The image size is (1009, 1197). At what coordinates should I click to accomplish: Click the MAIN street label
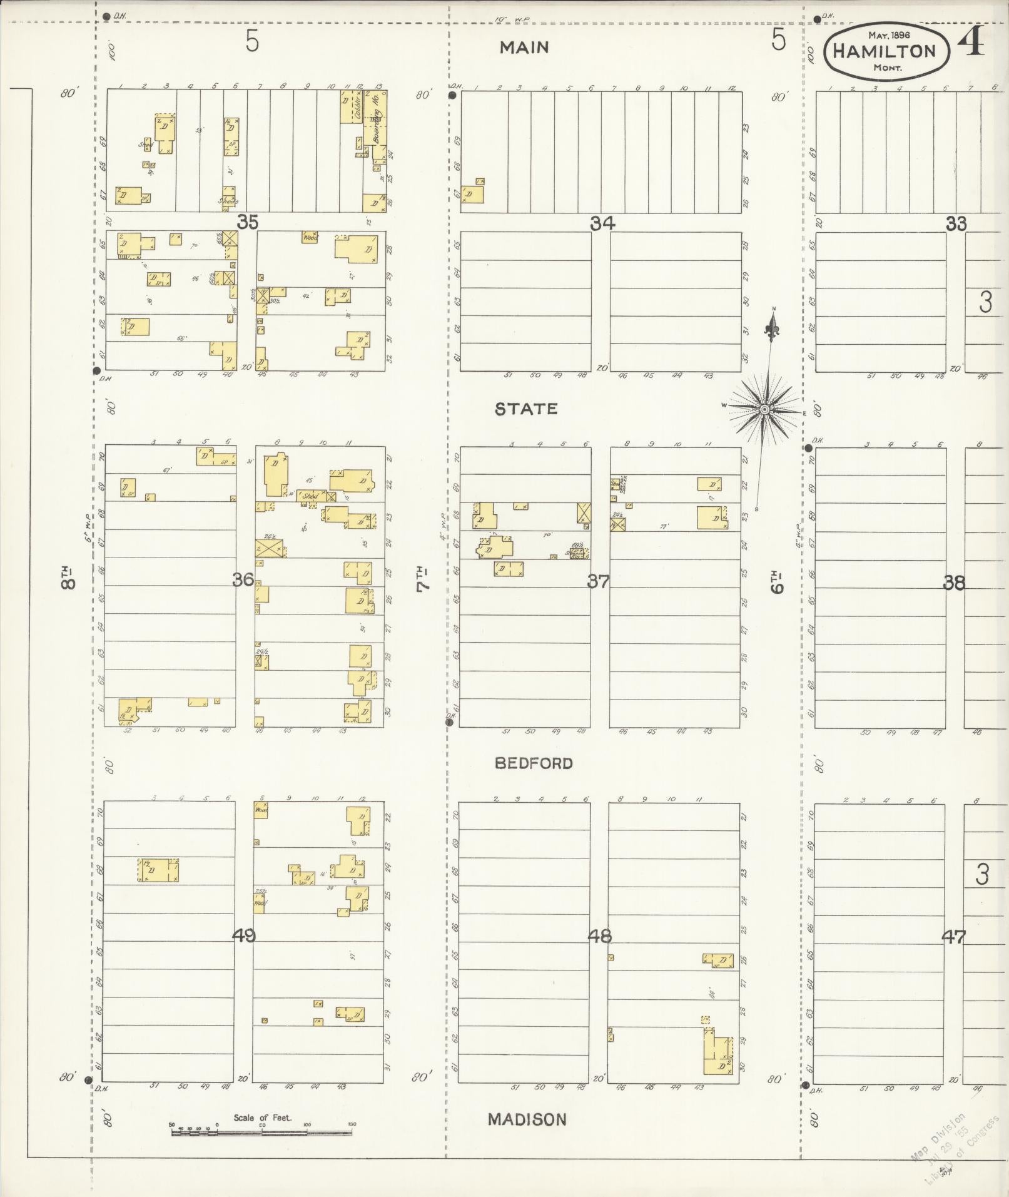point(524,48)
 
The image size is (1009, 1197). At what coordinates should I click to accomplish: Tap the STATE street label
point(525,409)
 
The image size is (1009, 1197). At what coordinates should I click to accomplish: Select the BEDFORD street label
point(533,763)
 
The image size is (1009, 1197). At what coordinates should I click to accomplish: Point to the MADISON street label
point(527,1119)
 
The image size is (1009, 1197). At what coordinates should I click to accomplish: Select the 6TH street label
point(778,581)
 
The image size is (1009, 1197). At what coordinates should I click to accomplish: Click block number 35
point(247,222)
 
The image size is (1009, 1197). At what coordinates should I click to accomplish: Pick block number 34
point(602,223)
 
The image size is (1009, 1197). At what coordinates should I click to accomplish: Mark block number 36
point(243,580)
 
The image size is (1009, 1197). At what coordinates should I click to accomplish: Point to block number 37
point(597,581)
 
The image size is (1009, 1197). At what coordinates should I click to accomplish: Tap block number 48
point(599,937)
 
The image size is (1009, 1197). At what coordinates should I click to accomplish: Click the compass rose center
point(764,410)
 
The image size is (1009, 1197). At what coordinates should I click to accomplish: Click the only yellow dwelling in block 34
point(472,194)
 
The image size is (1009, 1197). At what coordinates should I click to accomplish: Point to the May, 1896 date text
point(888,35)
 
